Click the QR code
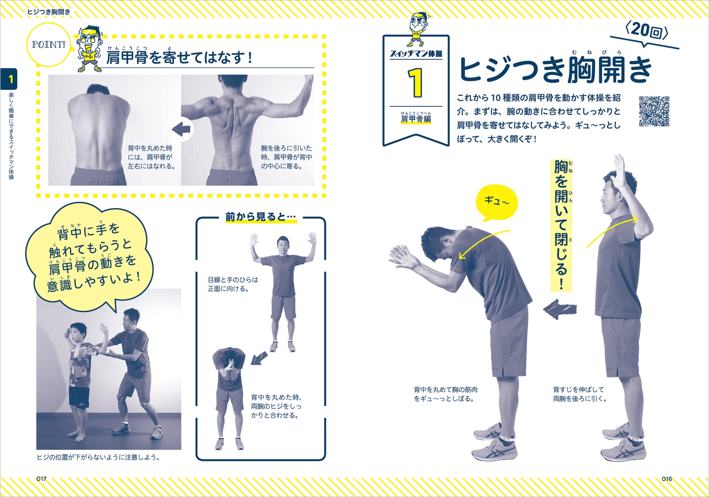point(654,111)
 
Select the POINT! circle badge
point(49,45)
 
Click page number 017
point(41,479)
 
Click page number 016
point(667,479)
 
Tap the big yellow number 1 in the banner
point(415,83)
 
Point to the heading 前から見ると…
point(261,217)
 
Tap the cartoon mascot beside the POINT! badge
point(89,48)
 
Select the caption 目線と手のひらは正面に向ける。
point(233,284)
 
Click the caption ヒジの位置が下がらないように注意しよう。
point(99,457)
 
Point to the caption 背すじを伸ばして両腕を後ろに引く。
point(580,394)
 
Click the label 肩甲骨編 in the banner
point(416,119)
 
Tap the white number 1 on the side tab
point(11,79)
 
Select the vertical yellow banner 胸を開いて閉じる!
point(561,225)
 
